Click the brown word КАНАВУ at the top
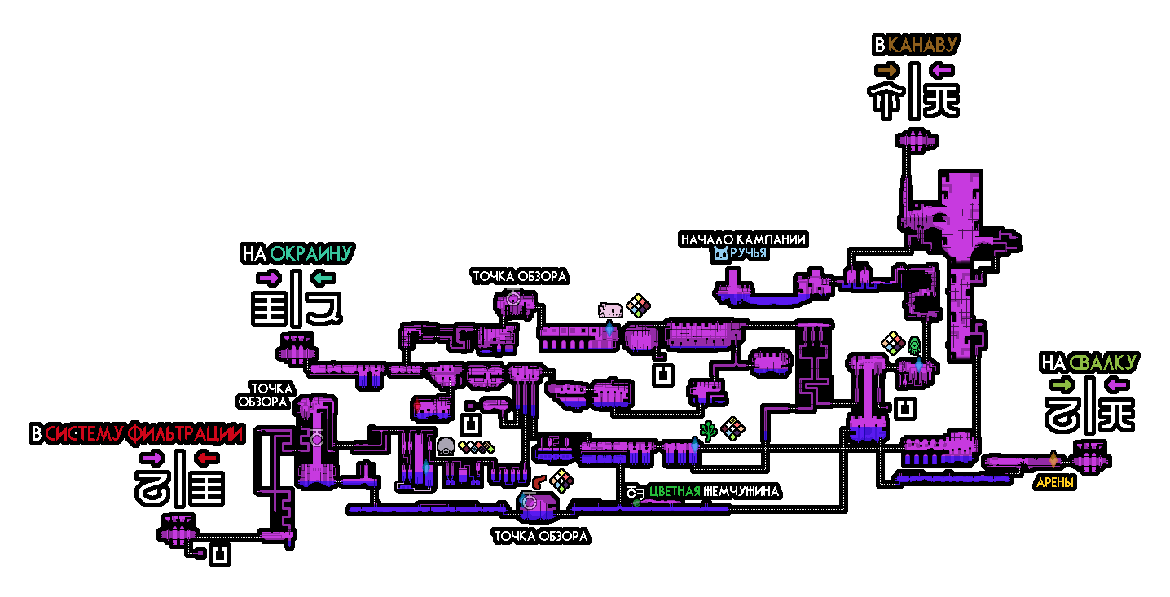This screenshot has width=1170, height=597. (x=921, y=46)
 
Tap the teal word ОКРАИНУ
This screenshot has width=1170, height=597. (x=310, y=253)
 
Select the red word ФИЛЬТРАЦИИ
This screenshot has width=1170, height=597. (x=185, y=434)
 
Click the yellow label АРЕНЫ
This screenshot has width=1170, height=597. (x=1054, y=483)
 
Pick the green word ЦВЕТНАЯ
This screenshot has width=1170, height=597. (x=675, y=492)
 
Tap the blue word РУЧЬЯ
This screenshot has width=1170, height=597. (x=748, y=253)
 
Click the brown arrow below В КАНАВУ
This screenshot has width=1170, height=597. (x=887, y=71)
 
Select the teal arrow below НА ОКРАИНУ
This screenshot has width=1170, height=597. (x=323, y=279)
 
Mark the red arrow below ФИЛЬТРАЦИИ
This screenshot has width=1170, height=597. (x=207, y=459)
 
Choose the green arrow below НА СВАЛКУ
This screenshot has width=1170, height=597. (x=1062, y=384)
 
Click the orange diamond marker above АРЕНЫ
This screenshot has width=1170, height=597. (x=1053, y=459)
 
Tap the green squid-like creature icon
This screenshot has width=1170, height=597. (x=914, y=345)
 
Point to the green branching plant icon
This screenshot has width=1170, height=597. (x=709, y=431)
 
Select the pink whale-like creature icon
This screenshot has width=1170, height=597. (x=610, y=309)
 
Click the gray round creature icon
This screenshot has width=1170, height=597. (x=446, y=446)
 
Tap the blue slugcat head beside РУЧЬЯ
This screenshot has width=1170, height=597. (x=720, y=253)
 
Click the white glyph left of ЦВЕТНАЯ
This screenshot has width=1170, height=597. (x=636, y=492)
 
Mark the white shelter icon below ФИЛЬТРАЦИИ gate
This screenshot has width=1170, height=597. (x=219, y=555)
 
